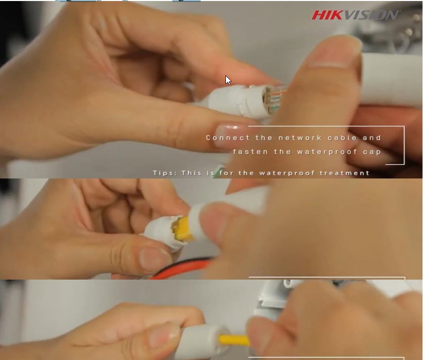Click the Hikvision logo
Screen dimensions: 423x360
(356, 15)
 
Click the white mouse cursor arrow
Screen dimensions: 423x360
(228, 80)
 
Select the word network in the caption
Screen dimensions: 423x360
(300, 138)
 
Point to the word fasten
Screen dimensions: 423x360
(250, 152)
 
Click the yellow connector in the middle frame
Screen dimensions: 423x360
(182, 228)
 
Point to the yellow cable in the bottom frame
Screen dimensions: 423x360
(234, 340)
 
